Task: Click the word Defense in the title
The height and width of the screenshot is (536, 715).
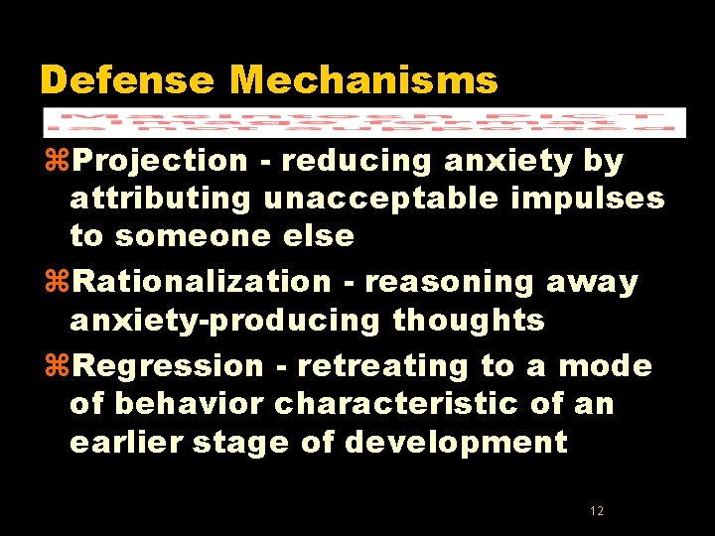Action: pyautogui.click(x=127, y=80)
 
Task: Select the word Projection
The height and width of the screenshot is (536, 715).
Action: pyautogui.click(x=160, y=161)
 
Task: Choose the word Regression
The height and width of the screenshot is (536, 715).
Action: pyautogui.click(x=168, y=366)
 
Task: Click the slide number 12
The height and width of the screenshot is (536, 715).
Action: pyautogui.click(x=596, y=511)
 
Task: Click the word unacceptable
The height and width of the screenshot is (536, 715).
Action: pyautogui.click(x=377, y=199)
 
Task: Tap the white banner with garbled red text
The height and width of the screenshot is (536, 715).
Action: pyautogui.click(x=363, y=121)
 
